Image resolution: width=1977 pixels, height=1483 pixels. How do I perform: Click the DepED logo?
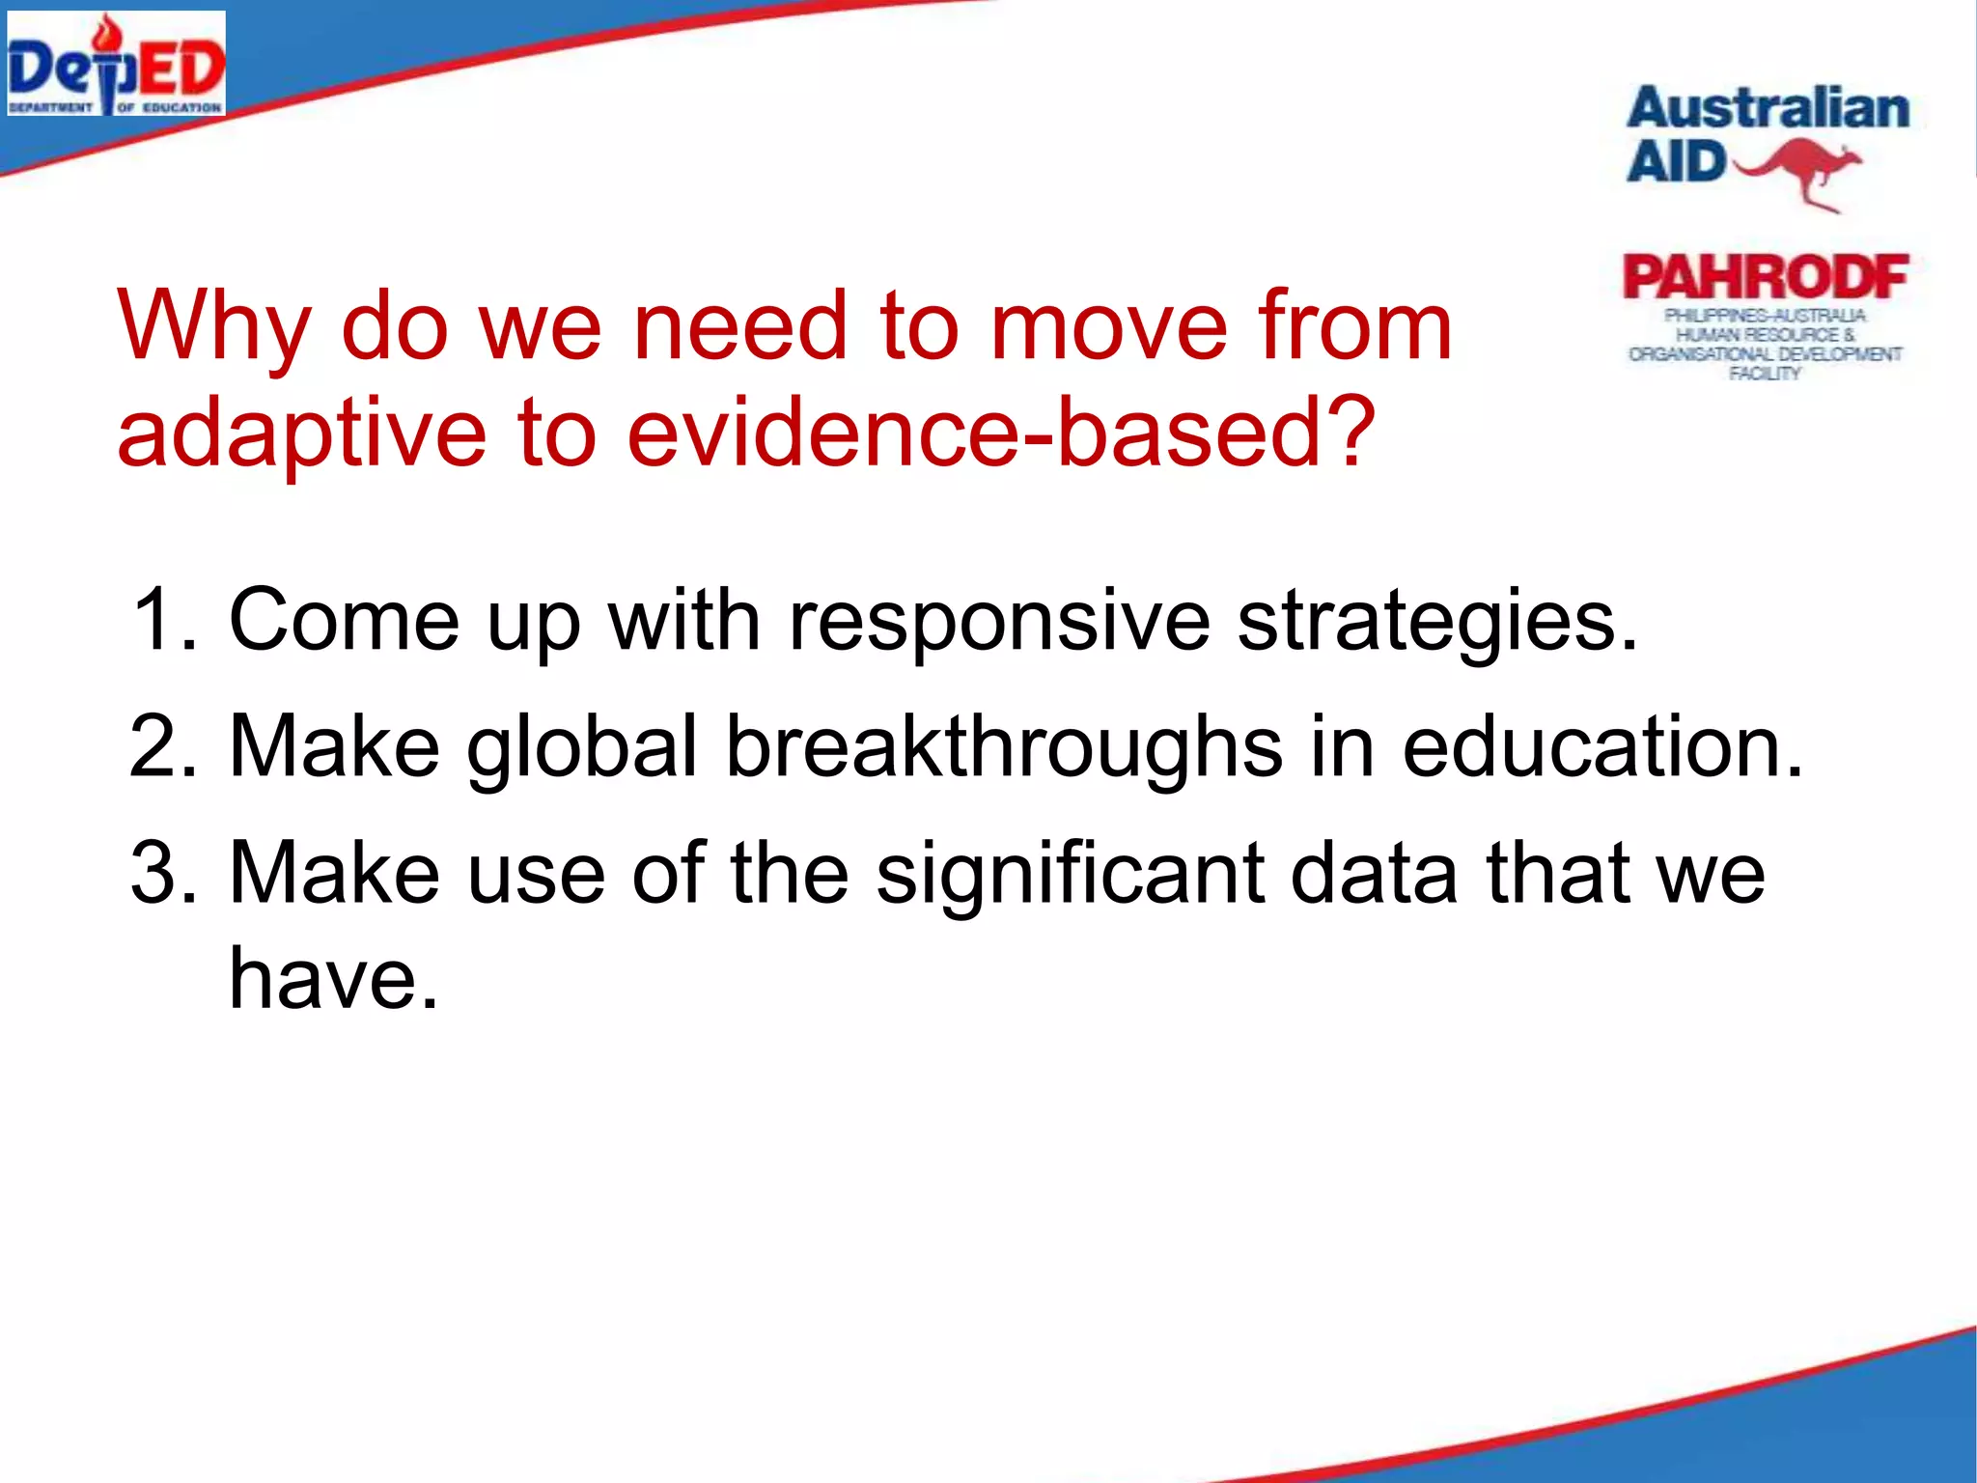point(116,65)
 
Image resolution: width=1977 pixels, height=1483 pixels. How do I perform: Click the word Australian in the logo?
point(1768,108)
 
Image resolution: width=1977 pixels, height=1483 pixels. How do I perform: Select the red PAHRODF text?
point(1766,278)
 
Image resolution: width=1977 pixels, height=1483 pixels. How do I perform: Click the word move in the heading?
point(1109,326)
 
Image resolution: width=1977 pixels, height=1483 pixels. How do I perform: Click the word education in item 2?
point(1601,746)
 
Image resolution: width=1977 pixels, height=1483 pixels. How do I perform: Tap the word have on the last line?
point(333,979)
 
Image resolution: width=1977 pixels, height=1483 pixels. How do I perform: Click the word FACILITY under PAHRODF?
point(1765,374)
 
